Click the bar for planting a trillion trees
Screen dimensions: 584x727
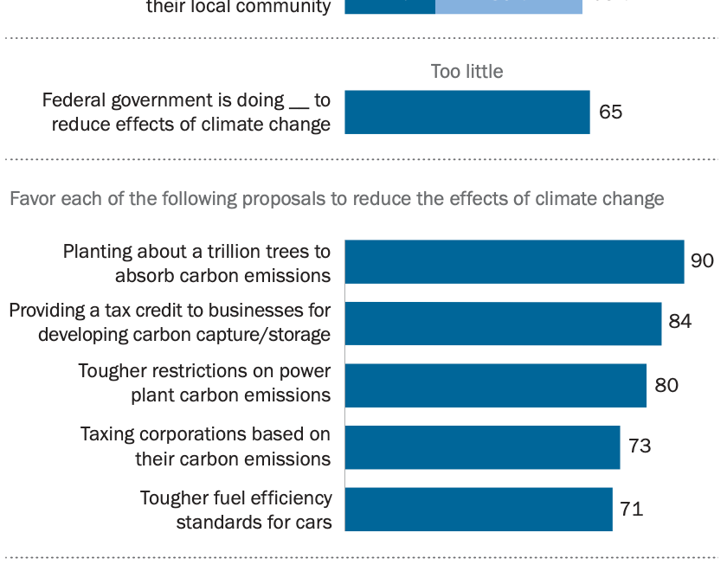[x=514, y=262]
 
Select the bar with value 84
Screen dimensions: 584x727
[x=503, y=324]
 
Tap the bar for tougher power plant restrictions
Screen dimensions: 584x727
[x=495, y=385]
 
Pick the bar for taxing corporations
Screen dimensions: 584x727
[x=482, y=446]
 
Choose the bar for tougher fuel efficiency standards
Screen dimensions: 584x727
[x=479, y=509]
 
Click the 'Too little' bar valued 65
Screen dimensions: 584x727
[x=467, y=112]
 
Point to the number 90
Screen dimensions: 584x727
[x=702, y=260]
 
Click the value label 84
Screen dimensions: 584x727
[x=680, y=321]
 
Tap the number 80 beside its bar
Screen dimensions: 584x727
[x=666, y=385]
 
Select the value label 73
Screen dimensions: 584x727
[x=640, y=446]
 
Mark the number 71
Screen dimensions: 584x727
[x=631, y=509]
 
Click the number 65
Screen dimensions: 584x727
[x=610, y=112]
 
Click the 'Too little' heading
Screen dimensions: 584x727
[x=466, y=72]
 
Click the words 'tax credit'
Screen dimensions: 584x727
[x=129, y=311]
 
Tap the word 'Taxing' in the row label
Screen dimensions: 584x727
[x=109, y=434]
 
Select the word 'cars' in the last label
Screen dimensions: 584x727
[x=313, y=522]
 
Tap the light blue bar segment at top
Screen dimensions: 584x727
[x=509, y=7]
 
